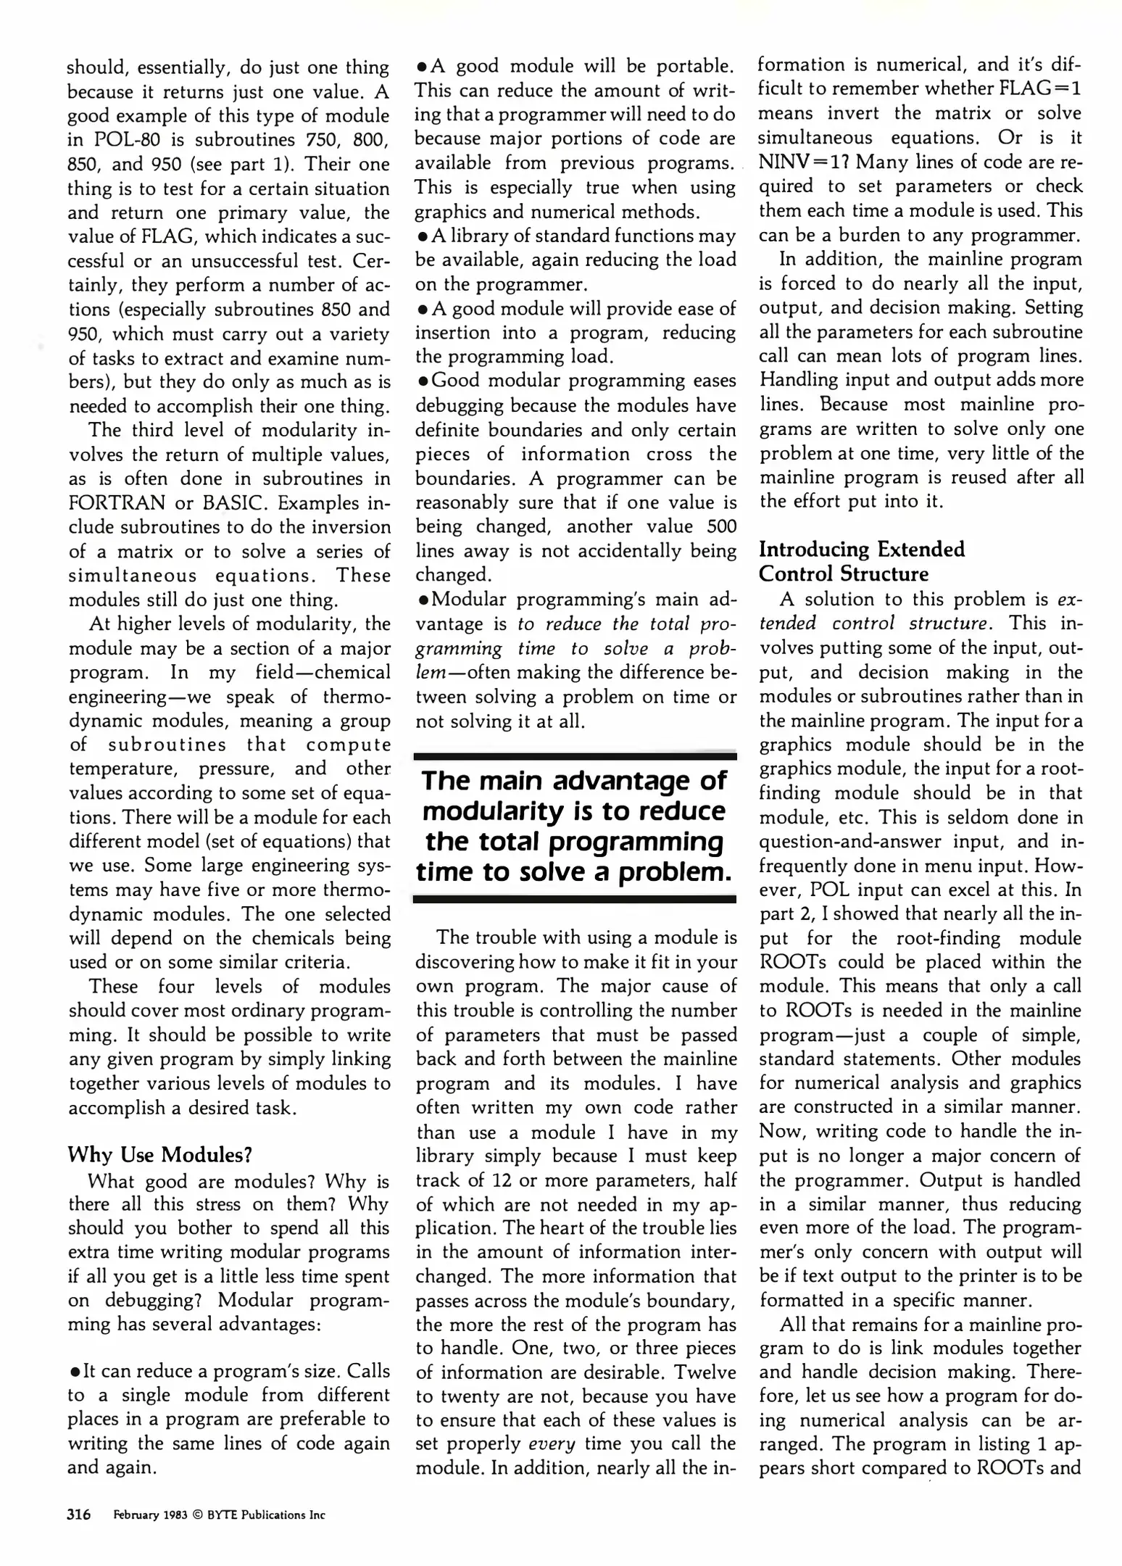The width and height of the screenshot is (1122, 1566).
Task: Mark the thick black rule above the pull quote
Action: tap(575, 756)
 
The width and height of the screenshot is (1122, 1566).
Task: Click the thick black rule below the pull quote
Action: tap(575, 899)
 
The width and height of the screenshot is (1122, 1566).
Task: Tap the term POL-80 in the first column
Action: tap(126, 140)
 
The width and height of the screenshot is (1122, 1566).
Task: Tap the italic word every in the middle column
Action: tap(552, 1443)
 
